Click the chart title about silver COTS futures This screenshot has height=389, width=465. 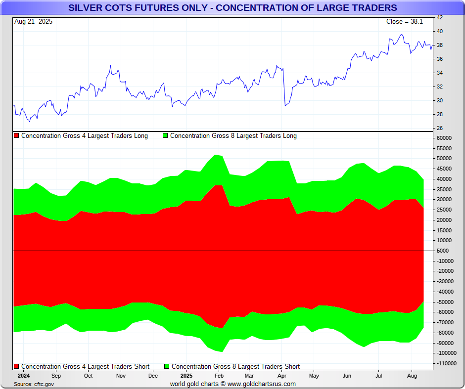tap(232, 7)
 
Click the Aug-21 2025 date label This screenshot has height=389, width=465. tap(33, 22)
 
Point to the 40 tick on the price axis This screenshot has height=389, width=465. tap(439, 32)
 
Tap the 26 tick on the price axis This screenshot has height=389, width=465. tap(439, 129)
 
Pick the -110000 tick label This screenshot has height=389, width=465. tap(444, 363)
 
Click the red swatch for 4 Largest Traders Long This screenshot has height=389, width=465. tap(16, 136)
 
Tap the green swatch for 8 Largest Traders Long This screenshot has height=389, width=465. tap(165, 136)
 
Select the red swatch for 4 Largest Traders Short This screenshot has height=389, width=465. tap(16, 367)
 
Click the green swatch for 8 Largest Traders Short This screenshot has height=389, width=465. tap(167, 367)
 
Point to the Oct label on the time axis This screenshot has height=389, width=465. tap(88, 376)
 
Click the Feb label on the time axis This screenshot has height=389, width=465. tap(217, 376)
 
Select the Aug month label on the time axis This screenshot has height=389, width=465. tap(412, 376)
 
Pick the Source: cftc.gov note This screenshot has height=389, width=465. tap(34, 384)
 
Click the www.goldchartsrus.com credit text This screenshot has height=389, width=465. tap(262, 384)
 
